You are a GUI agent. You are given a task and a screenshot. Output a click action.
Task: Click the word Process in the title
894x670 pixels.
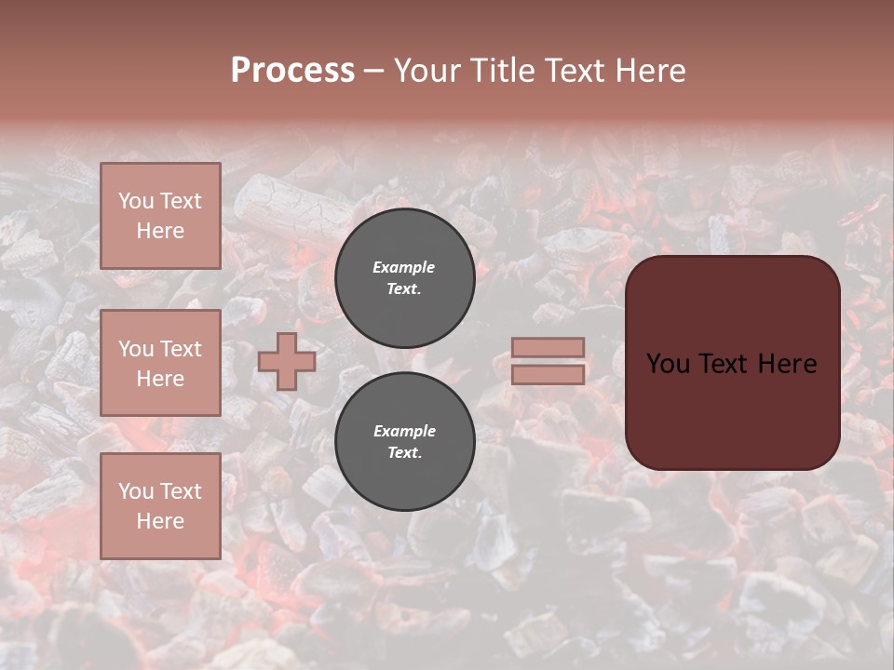[292, 71]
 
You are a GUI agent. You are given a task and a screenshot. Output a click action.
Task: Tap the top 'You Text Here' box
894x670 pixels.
[160, 216]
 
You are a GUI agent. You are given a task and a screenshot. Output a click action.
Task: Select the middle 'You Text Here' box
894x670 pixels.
[160, 363]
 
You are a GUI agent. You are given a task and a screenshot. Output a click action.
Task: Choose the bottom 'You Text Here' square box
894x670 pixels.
[160, 506]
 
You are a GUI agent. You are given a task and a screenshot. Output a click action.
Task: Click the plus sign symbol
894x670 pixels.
[287, 361]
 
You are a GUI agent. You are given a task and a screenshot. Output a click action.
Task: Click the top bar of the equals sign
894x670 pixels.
[549, 347]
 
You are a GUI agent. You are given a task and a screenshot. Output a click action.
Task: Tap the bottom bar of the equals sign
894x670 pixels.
[549, 374]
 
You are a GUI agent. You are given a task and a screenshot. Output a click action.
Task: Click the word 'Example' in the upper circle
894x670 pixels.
[403, 267]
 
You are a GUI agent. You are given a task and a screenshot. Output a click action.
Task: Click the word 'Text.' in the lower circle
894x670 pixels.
[404, 453]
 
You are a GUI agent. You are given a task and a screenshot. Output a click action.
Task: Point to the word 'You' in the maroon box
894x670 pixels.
[668, 364]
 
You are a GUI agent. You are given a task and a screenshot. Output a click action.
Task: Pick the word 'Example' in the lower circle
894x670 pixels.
[404, 431]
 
